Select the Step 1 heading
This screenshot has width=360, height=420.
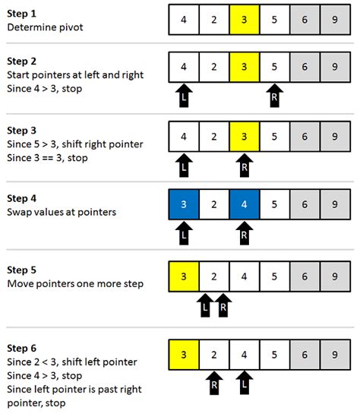click(23, 14)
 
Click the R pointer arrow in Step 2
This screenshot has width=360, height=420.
click(273, 95)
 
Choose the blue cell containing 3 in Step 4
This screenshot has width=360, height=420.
click(183, 204)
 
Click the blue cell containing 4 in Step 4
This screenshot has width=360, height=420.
click(244, 204)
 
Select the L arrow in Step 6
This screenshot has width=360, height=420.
click(244, 381)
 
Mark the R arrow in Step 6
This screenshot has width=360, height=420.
click(213, 381)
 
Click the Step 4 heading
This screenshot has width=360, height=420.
click(23, 199)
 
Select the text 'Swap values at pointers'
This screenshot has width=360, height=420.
click(62, 213)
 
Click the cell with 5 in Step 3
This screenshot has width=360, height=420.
click(273, 136)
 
